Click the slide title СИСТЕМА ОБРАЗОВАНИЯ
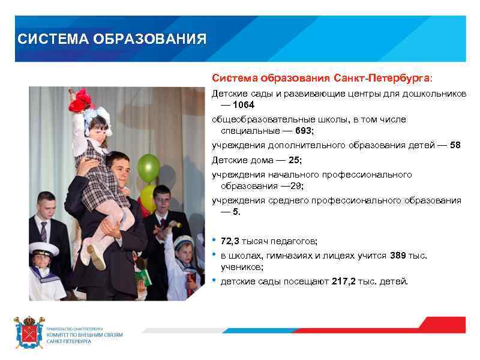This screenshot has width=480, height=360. click(112, 40)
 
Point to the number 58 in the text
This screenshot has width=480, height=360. click(455, 145)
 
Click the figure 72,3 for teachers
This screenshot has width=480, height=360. click(230, 241)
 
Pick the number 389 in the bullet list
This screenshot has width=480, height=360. click(398, 256)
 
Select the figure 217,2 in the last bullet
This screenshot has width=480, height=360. click(344, 281)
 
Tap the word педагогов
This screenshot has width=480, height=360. click(293, 241)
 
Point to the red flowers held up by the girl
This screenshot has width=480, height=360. click(81, 100)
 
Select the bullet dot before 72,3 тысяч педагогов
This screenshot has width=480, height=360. click(214, 240)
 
